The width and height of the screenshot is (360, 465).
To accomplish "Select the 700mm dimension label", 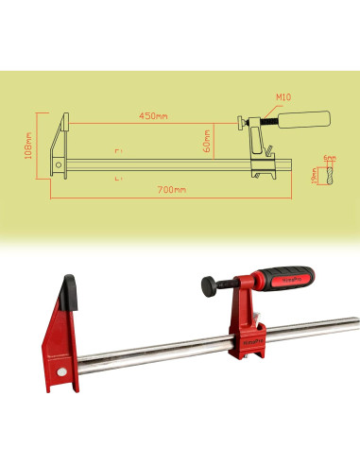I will [x=173, y=190].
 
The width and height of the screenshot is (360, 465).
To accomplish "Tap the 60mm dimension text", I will [x=207, y=144].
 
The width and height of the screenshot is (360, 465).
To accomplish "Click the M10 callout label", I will [x=283, y=97].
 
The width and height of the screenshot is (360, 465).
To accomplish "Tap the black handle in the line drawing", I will [x=306, y=121].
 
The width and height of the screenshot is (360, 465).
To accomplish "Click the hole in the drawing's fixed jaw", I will [x=58, y=166].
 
